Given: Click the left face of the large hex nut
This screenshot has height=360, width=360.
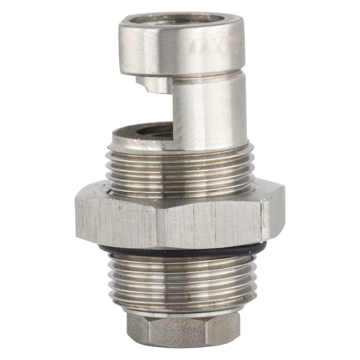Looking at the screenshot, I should pyautogui.click(x=115, y=220).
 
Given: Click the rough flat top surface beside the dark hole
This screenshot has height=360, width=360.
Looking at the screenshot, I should pyautogui.click(x=124, y=136).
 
